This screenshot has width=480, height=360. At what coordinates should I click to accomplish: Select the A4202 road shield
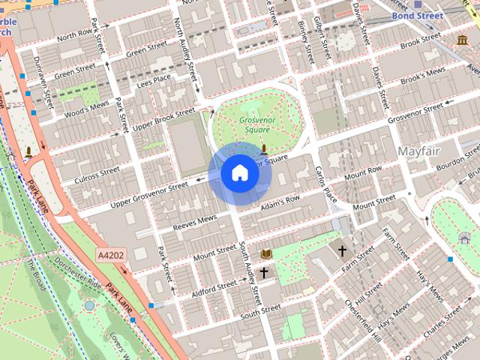(x=111, y=256)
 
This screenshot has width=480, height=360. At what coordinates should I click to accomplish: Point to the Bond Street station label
(x=417, y=15)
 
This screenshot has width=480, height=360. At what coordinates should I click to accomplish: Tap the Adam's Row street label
(x=280, y=202)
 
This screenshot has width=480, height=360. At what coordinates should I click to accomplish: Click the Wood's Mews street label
(x=87, y=110)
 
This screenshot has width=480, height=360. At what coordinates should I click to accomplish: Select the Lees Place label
(x=154, y=79)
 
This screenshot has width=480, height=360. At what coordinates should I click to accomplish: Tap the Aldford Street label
(x=213, y=288)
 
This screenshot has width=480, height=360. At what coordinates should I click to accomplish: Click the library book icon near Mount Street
(x=265, y=253)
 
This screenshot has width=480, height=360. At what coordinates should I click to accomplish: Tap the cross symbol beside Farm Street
(x=343, y=250)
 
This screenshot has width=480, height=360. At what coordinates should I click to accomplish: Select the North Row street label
(x=74, y=35)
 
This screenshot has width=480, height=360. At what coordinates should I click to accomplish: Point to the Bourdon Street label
(x=457, y=160)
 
